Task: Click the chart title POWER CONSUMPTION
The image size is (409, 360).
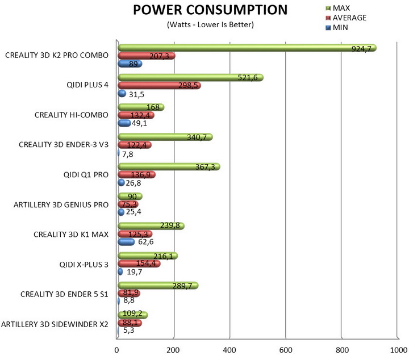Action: pyautogui.click(x=210, y=11)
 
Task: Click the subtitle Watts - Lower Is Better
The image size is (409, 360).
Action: pyautogui.click(x=210, y=25)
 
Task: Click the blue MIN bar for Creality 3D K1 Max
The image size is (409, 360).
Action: pyautogui.click(x=126, y=242)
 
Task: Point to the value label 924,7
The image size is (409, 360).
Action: pyautogui.click(x=361, y=49)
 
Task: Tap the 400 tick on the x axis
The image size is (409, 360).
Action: pyautogui.click(x=229, y=350)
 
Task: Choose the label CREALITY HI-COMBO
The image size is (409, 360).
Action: pyautogui.click(x=71, y=115)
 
